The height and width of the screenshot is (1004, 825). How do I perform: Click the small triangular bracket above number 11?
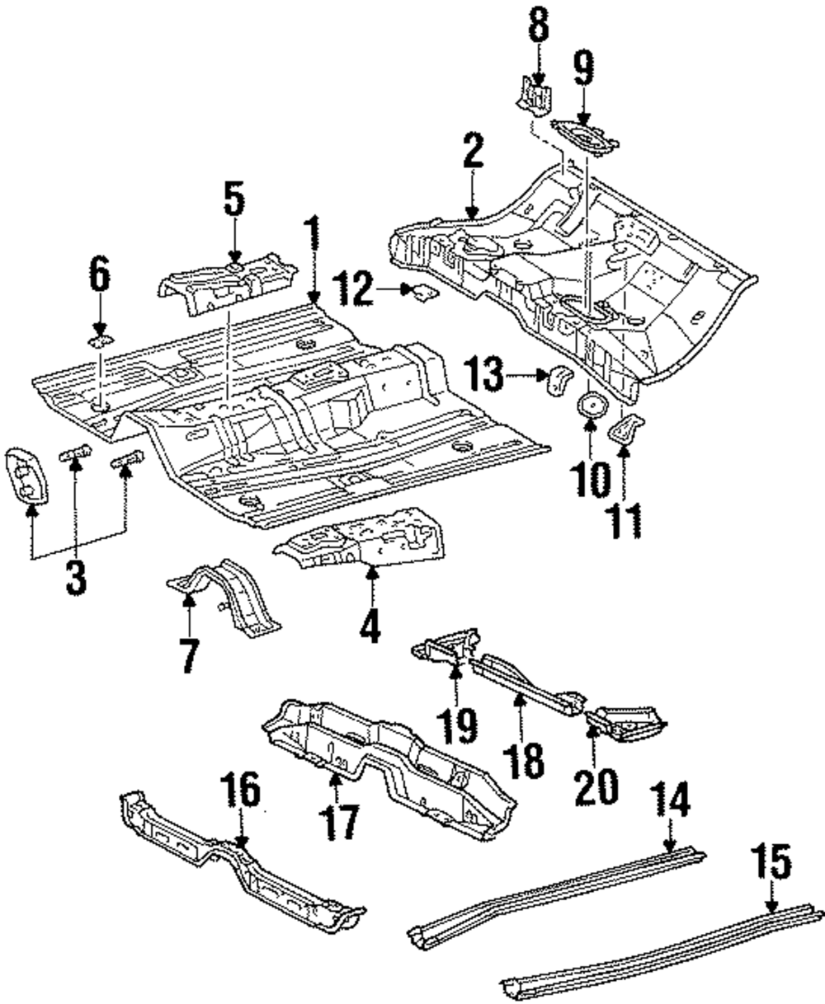click(626, 429)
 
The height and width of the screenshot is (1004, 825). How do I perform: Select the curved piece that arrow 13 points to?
click(559, 382)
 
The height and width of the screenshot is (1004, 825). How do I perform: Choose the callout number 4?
click(370, 625)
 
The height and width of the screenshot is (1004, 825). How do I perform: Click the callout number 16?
click(241, 792)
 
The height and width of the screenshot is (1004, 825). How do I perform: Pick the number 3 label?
click(76, 577)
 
